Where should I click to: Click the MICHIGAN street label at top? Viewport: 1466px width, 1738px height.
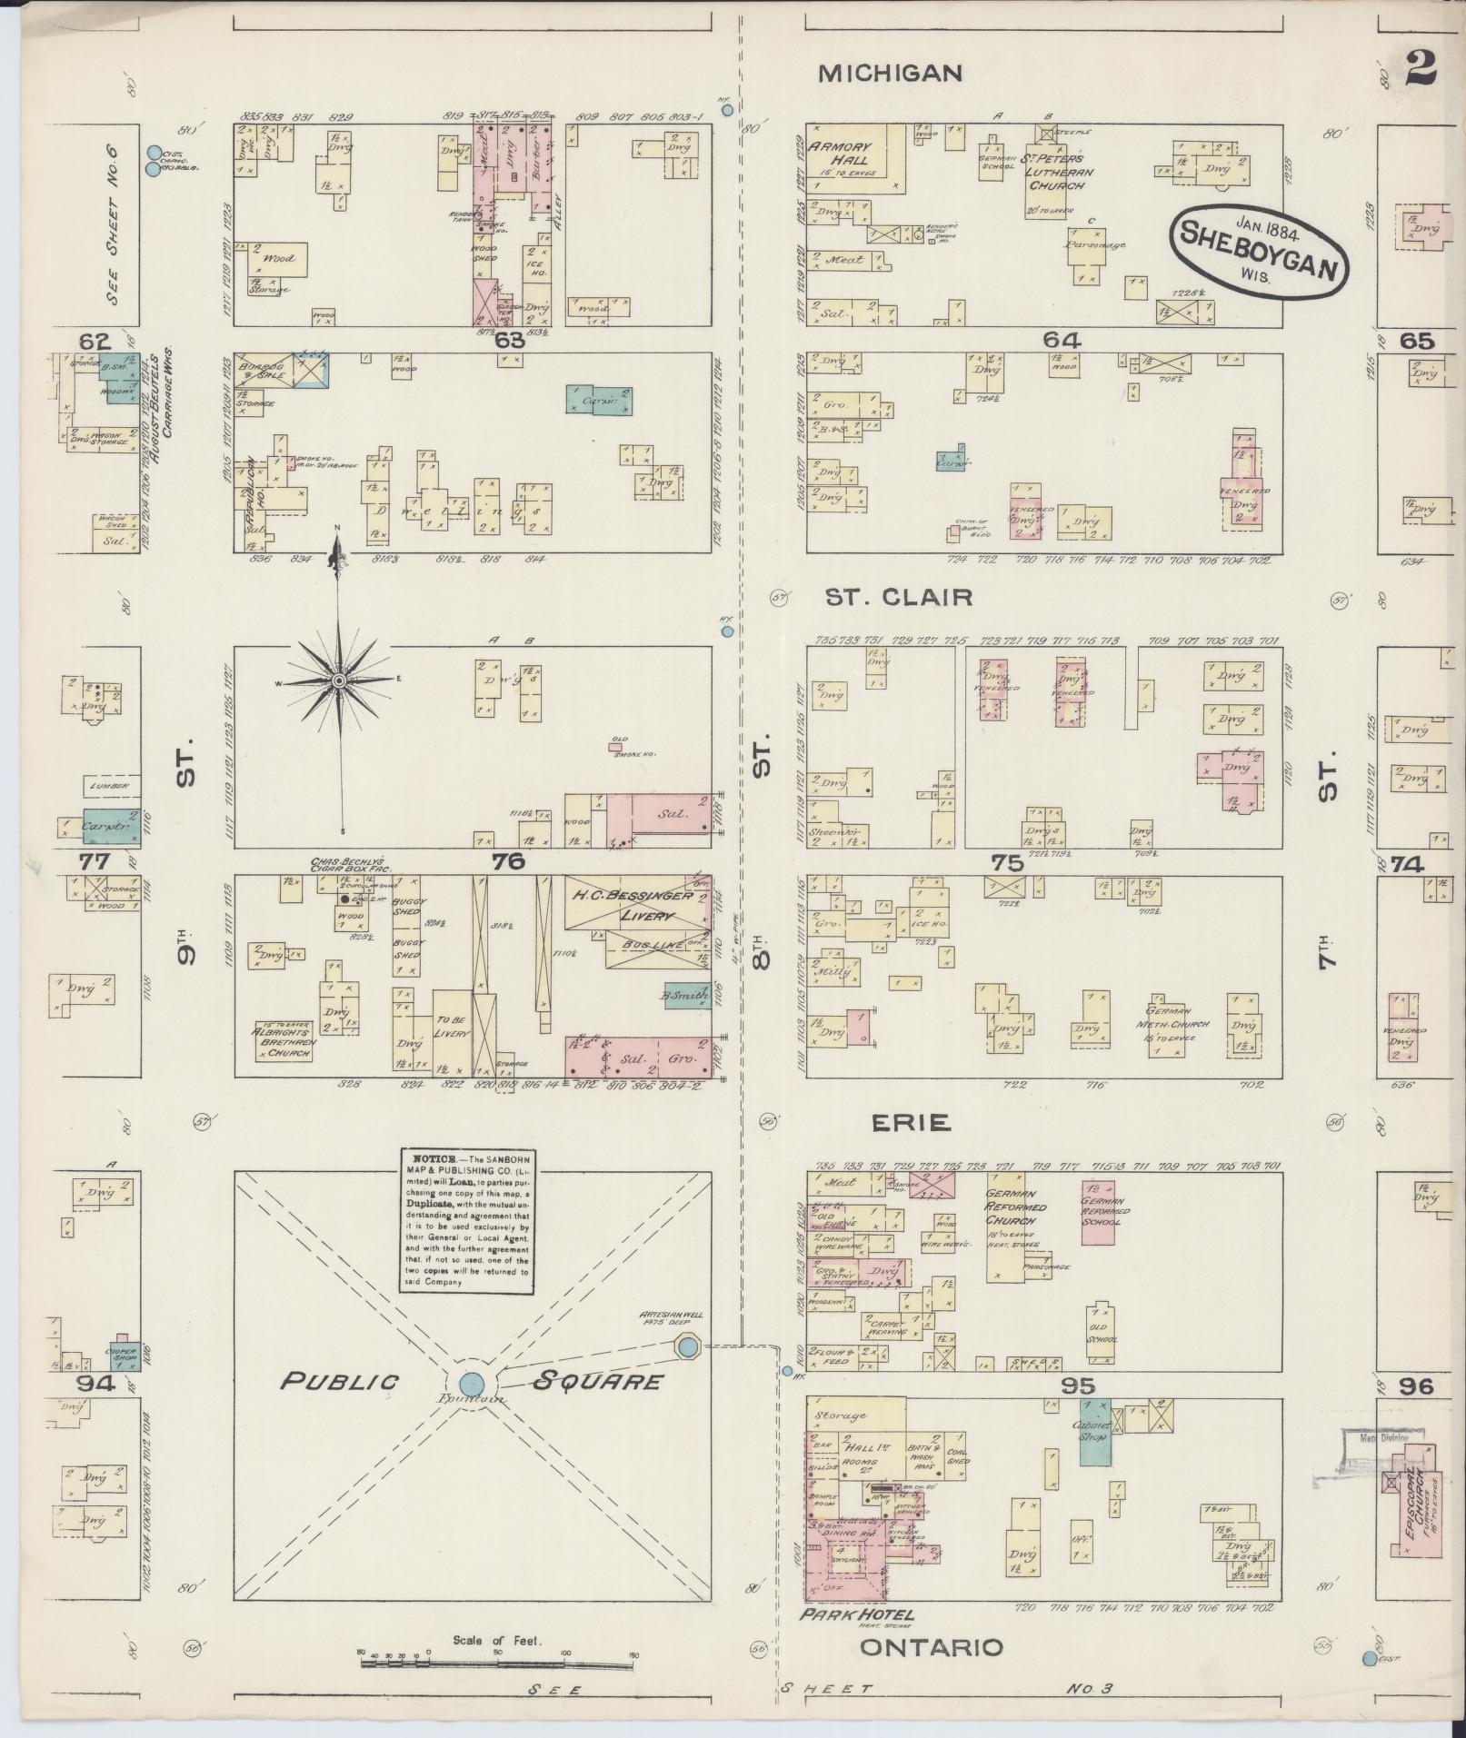890,74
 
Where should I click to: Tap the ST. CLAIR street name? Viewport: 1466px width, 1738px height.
898,597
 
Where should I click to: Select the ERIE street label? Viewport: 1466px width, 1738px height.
911,1123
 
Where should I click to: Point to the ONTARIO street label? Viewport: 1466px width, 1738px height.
932,1648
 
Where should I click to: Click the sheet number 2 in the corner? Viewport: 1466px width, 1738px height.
1421,68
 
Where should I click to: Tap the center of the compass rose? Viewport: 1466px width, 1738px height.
338,680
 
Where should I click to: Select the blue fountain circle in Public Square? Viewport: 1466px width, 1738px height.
471,1383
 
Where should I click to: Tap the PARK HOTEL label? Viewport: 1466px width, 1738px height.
856,1614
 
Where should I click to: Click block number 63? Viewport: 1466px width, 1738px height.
511,341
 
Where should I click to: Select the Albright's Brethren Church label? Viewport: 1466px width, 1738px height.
284,1041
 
